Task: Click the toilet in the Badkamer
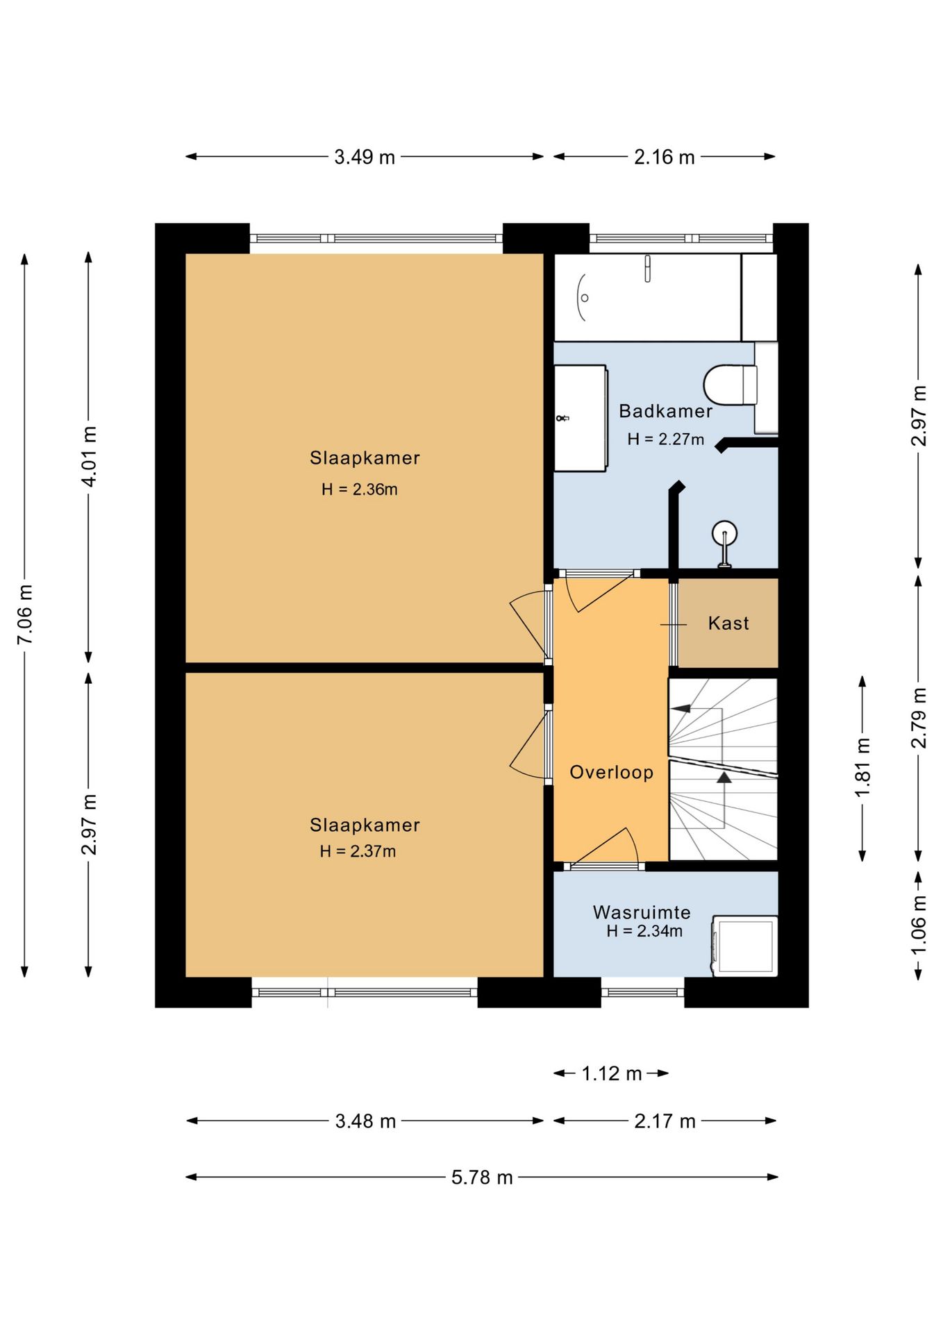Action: tap(731, 385)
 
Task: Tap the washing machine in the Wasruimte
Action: tap(745, 946)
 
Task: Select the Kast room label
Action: tap(728, 623)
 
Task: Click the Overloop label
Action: tap(611, 772)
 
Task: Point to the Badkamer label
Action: tap(665, 411)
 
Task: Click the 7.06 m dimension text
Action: tap(25, 614)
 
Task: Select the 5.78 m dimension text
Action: tap(482, 1177)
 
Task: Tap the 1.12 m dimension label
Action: tap(611, 1073)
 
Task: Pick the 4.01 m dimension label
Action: tap(89, 456)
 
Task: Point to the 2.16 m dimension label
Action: tap(664, 157)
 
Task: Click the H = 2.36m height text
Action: tap(360, 489)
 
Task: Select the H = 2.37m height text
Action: tap(358, 851)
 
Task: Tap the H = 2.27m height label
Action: tap(666, 439)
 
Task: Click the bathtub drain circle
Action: tap(585, 298)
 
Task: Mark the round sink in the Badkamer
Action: tap(724, 533)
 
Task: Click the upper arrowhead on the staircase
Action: tap(681, 708)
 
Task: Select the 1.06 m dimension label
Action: tap(918, 925)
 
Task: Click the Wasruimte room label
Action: tap(642, 912)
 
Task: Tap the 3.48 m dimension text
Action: tap(365, 1121)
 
